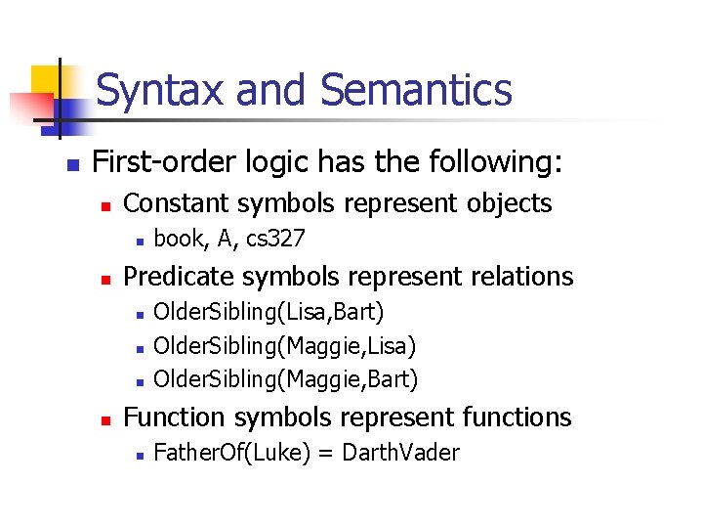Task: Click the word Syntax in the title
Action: coord(162,90)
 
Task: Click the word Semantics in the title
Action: coord(416,90)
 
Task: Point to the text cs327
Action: coord(275,239)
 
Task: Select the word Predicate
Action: coord(180,277)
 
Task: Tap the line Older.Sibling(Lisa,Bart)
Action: coord(269,313)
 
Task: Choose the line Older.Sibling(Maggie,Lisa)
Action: coord(285,346)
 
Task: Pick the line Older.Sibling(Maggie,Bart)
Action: coord(286,379)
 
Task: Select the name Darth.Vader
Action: coord(401,453)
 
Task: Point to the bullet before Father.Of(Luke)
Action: coord(140,454)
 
